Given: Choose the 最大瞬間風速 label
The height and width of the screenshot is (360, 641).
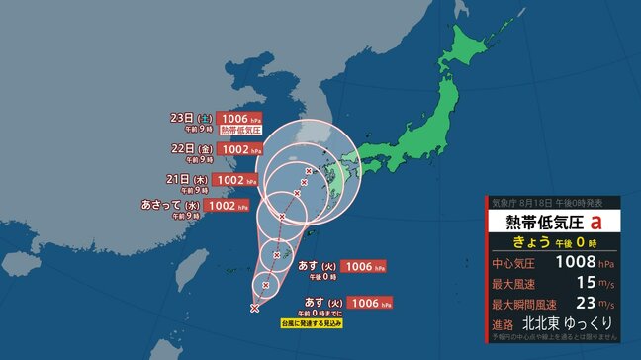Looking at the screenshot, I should [520, 304].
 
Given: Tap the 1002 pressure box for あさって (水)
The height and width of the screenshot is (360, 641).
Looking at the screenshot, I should [224, 206].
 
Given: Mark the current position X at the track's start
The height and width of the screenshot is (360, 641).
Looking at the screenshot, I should [255, 309].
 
